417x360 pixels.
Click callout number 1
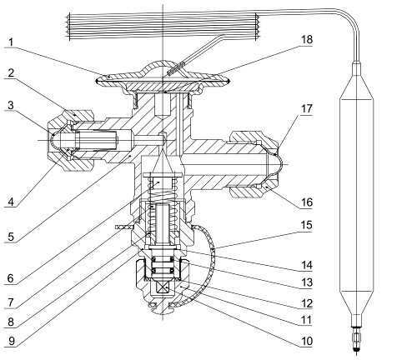pos(11,42)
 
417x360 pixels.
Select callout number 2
pos(11,73)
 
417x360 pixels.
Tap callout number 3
pos(11,106)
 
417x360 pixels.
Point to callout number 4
pos(11,202)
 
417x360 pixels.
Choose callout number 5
pos(11,237)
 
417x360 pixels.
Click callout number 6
pos(11,278)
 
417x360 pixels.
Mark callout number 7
pos(11,302)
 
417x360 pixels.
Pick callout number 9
pos(12,341)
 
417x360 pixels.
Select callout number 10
pos(307,341)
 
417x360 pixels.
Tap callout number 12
pos(307,303)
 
